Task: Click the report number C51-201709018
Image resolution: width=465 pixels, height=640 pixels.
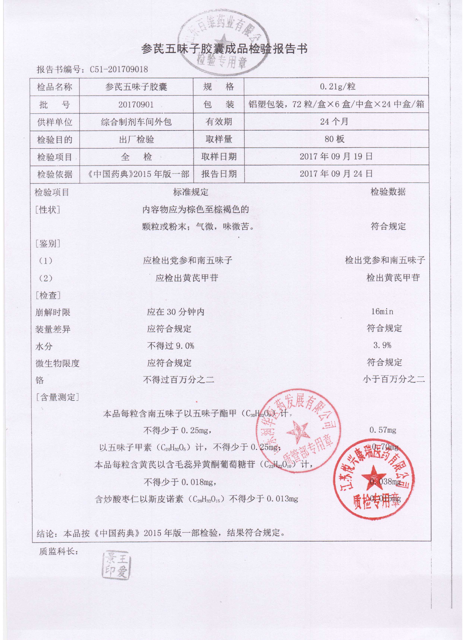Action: coord(119,69)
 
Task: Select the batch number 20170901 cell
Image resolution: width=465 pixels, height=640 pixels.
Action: coord(136,105)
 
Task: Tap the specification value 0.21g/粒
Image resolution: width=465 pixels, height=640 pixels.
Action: coord(337,87)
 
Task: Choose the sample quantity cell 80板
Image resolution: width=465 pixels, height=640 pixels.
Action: coord(334,139)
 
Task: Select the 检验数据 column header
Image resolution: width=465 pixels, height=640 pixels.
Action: coord(388,192)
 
